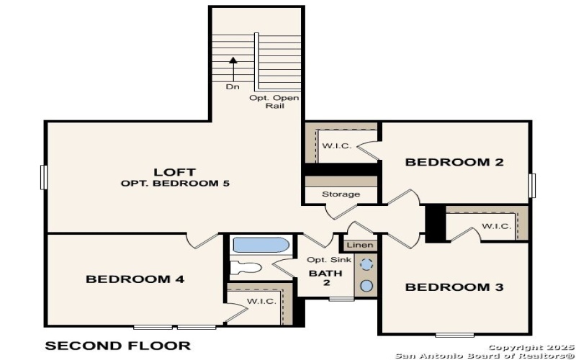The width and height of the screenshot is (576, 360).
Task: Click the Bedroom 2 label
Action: click(454, 162)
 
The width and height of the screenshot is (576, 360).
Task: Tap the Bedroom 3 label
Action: click(454, 287)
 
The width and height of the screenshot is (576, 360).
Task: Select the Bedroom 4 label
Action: click(135, 279)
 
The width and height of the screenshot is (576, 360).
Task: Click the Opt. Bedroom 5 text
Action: click(174, 184)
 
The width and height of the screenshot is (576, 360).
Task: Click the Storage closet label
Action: click(341, 194)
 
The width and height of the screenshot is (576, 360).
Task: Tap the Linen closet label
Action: click(365, 246)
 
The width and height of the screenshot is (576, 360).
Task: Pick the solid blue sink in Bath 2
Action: click(366, 286)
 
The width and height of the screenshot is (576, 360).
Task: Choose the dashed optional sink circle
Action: click(366, 264)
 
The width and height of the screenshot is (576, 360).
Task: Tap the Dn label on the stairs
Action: click(232, 86)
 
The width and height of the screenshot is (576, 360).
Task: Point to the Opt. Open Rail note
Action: click(274, 102)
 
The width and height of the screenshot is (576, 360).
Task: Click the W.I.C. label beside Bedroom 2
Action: click(336, 146)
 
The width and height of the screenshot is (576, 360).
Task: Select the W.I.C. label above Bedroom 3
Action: click(496, 226)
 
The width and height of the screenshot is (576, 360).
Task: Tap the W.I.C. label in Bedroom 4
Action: click(261, 301)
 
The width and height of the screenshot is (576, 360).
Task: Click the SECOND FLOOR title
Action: click(118, 346)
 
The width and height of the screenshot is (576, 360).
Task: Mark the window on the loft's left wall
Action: click(43, 177)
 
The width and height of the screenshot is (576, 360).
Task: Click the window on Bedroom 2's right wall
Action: click(533, 184)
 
